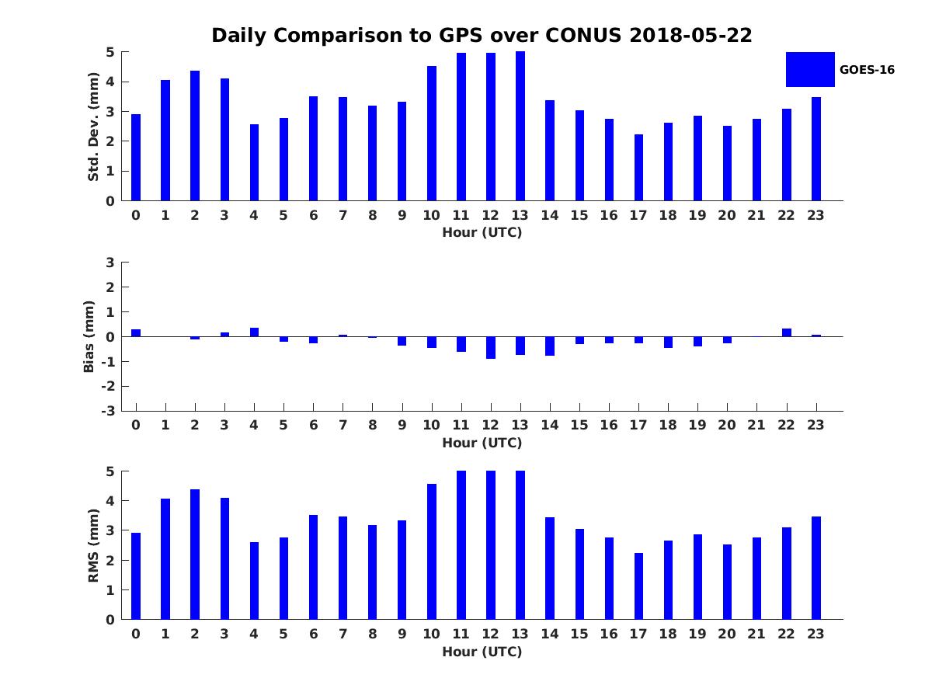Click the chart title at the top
click(482, 36)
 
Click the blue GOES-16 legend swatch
click(809, 69)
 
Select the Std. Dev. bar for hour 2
click(195, 136)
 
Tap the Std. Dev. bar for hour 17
click(638, 168)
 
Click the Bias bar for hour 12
click(491, 347)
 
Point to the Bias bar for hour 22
click(787, 332)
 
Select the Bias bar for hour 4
click(254, 332)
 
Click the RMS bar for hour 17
click(638, 586)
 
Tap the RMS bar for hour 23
click(816, 568)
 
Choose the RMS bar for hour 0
click(136, 576)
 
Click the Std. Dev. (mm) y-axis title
click(94, 127)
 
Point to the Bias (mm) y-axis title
click(89, 336)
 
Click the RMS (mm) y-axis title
click(94, 545)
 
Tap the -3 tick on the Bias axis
click(110, 411)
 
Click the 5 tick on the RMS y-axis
click(111, 471)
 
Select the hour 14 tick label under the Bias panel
click(550, 425)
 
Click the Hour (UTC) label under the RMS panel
click(482, 652)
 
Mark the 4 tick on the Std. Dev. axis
click(111, 82)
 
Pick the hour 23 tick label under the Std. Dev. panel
click(816, 216)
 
